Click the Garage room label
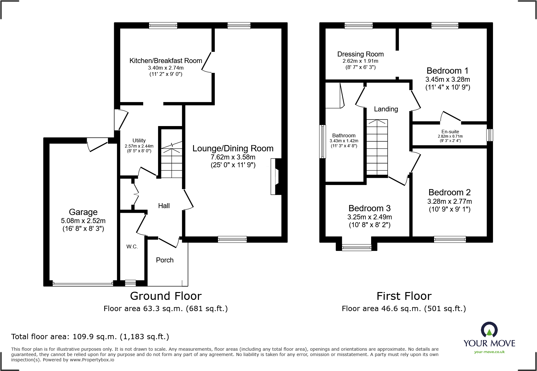(83, 212)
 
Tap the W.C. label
(132, 247)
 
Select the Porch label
(165, 260)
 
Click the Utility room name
(139, 140)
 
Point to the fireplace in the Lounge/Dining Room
(276, 177)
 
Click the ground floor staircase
(171, 159)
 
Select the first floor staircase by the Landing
(377, 148)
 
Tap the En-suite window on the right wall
(490, 135)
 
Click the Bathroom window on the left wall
(323, 141)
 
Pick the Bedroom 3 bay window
(357, 248)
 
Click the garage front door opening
(83, 284)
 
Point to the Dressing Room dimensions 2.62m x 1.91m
(360, 61)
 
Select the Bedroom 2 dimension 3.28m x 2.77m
(449, 202)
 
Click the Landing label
(386, 109)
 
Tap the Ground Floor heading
(166, 296)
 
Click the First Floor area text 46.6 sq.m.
(404, 309)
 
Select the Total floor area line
(90, 337)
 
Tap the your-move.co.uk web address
(489, 352)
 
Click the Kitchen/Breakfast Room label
(166, 61)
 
